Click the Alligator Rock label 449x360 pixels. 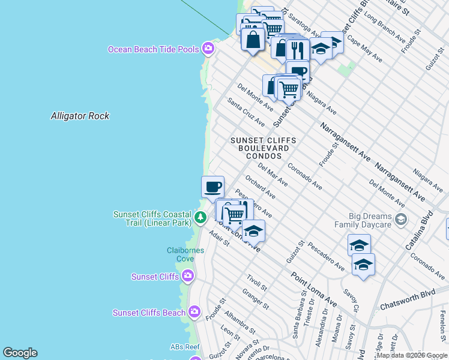point(80,116)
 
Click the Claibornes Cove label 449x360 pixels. point(180,254)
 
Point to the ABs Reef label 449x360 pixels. point(184,347)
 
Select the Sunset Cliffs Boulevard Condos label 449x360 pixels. point(264,148)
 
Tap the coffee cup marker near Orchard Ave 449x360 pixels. point(212,187)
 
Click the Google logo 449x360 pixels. point(20,353)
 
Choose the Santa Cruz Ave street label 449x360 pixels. point(246,112)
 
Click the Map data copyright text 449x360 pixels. point(412,355)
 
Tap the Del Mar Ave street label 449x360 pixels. point(273,173)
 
